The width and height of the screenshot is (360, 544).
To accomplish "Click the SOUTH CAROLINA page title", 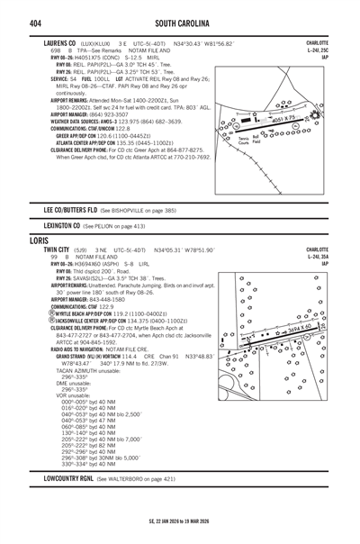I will point(180,21).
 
